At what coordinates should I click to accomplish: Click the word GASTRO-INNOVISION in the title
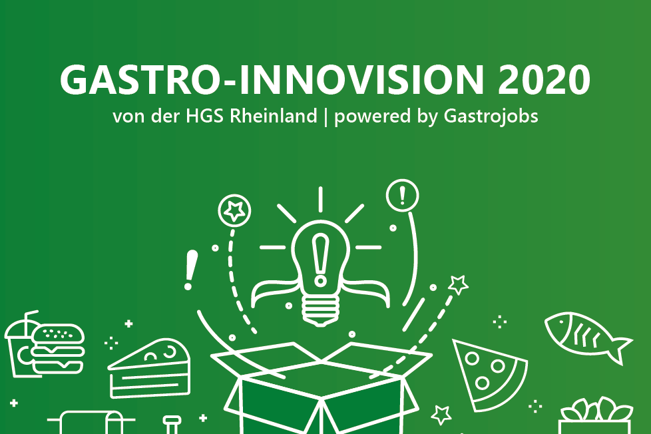click(x=272, y=80)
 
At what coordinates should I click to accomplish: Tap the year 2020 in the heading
click(x=544, y=80)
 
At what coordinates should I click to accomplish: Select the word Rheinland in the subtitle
click(x=273, y=115)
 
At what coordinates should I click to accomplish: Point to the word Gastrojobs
click(x=491, y=116)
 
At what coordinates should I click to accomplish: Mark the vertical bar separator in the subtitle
click(x=325, y=116)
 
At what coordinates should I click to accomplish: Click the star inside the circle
click(x=234, y=210)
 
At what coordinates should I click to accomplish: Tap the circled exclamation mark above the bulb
click(x=402, y=195)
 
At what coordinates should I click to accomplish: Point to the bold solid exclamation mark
click(x=190, y=270)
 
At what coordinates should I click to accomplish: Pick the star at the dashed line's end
click(x=459, y=285)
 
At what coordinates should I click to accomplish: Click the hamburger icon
click(x=57, y=348)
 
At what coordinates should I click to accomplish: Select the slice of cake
click(x=150, y=368)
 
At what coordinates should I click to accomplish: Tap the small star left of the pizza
click(x=441, y=415)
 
